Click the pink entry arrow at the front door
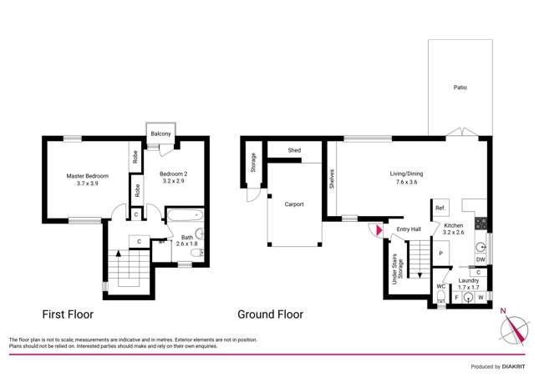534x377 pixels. click(379, 229)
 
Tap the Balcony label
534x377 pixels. click(160, 134)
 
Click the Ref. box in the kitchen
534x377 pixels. click(439, 208)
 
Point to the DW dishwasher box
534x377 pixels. click(480, 259)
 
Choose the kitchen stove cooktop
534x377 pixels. click(481, 223)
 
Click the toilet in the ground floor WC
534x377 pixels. click(440, 296)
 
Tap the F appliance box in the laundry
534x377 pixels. click(456, 296)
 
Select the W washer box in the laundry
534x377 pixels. click(481, 296)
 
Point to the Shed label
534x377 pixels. click(294, 150)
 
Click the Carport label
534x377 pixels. click(293, 204)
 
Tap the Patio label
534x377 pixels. click(460, 87)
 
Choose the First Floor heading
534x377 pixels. click(68, 315)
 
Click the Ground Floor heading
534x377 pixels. click(270, 315)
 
